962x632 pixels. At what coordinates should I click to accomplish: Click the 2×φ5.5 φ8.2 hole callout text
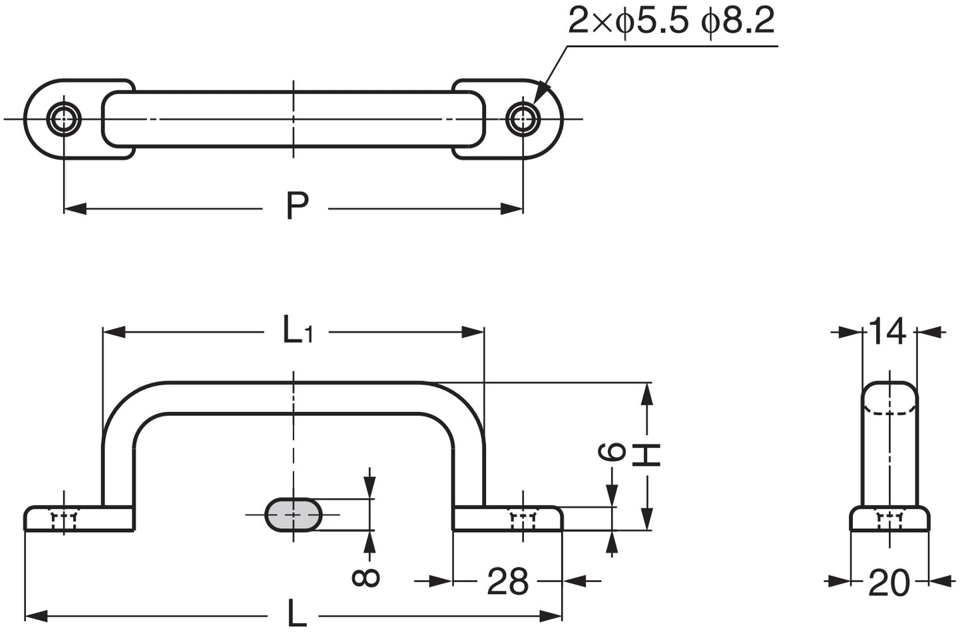coord(671,22)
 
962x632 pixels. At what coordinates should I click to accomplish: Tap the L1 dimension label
coord(296,330)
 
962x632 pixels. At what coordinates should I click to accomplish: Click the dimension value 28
coord(507,582)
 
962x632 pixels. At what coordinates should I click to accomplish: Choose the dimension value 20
coord(889,583)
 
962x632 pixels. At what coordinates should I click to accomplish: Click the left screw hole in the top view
coord(64,119)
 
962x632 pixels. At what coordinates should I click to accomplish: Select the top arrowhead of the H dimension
coord(645,395)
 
